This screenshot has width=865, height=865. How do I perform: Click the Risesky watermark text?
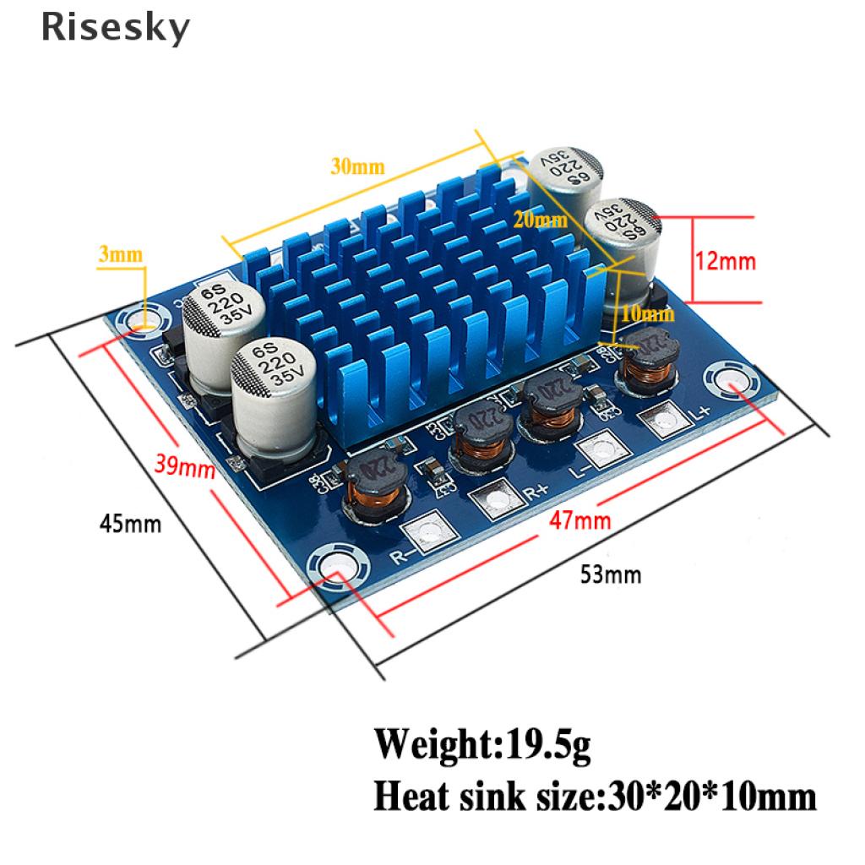(115, 29)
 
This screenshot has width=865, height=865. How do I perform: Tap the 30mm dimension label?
(357, 166)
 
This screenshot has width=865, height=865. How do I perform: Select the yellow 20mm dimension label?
(541, 221)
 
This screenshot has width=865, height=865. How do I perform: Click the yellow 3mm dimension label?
(122, 253)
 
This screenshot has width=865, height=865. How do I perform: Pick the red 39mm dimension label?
(184, 465)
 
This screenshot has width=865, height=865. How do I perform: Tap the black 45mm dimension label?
(130, 524)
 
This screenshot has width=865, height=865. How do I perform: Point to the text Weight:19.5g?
(482, 746)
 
